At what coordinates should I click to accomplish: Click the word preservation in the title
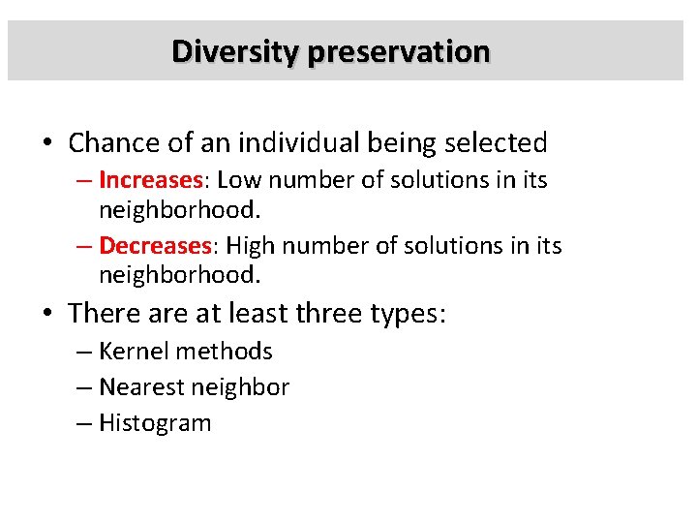[399, 50]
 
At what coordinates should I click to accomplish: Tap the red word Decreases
[155, 246]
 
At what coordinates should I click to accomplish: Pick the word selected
[496, 143]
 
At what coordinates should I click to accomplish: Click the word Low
[237, 180]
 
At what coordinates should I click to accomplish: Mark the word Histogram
[155, 423]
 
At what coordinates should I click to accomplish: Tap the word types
[408, 314]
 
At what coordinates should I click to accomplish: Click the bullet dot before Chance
[48, 144]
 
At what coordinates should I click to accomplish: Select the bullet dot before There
[48, 315]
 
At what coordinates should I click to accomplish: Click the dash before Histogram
[84, 423]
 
